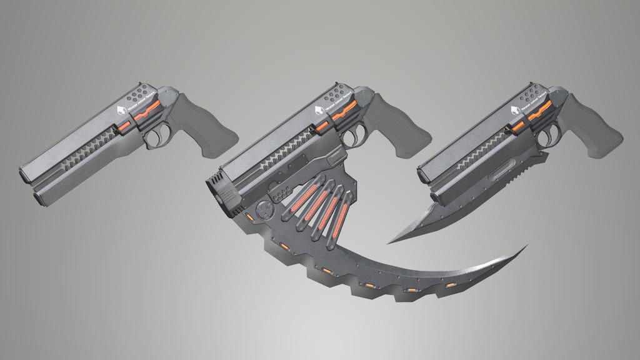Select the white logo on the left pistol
point(123,112)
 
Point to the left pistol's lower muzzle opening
point(39,197)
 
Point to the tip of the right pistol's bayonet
point(389,242)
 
